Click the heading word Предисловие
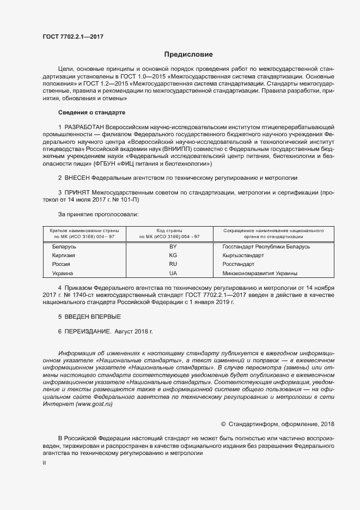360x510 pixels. [x=188, y=54]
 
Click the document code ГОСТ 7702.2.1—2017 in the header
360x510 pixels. [x=72, y=37]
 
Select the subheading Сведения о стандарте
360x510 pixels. [x=91, y=112]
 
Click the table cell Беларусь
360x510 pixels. [x=64, y=247]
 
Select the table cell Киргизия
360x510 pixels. [x=64, y=255]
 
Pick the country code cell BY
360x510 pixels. [x=173, y=247]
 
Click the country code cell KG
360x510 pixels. [x=173, y=255]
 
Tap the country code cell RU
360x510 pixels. [x=173, y=264]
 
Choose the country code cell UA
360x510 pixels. [x=173, y=272]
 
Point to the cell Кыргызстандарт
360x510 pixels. [x=243, y=255]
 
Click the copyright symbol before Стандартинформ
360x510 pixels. [x=223, y=424]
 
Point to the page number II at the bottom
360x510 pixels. [x=45, y=463]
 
